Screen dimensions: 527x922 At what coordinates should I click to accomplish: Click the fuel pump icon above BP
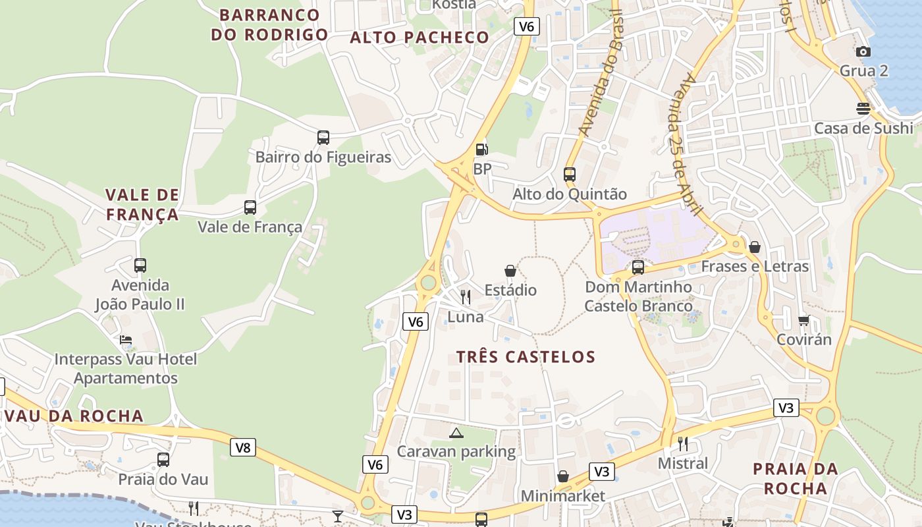pos(482,150)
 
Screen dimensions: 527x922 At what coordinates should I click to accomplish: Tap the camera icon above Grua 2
pos(863,51)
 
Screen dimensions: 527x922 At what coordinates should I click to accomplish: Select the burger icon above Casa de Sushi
pos(863,109)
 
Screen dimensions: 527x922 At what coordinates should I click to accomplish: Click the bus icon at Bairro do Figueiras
pos(323,138)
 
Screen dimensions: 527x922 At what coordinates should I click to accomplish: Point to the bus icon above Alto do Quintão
pos(570,175)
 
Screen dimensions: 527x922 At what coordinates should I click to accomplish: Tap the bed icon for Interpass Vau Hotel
pos(126,340)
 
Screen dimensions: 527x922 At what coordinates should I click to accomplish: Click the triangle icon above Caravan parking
pos(456,433)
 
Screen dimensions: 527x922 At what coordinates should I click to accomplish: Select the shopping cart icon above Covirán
pos(803,320)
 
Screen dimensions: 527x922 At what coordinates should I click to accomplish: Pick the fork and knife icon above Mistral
pos(683,444)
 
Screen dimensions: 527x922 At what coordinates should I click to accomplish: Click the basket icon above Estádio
pos(510,271)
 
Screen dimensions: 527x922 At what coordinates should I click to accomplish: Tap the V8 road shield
pos(243,448)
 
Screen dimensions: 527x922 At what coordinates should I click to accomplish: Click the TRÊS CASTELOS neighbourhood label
pos(526,357)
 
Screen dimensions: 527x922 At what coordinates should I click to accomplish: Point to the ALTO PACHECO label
pos(420,38)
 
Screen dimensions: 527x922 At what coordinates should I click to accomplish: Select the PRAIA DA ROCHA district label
pos(795,479)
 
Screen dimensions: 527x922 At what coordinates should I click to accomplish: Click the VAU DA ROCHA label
pos(73,416)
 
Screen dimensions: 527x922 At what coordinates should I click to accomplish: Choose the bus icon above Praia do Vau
pos(163,460)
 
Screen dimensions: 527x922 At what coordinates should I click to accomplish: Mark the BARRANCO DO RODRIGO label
pos(269,24)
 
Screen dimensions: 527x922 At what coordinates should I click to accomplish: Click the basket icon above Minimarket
pos(563,476)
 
